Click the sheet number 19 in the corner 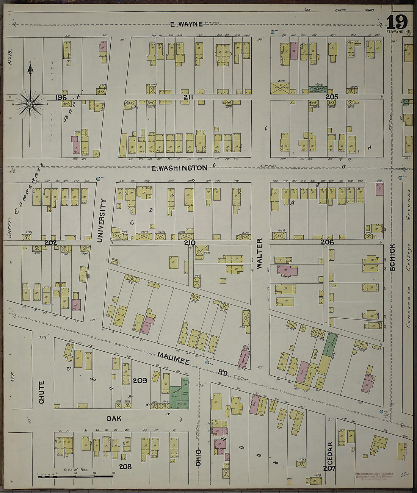pyautogui.click(x=397, y=22)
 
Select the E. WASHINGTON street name pyautogui.click(x=179, y=167)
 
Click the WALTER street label pyautogui.click(x=259, y=254)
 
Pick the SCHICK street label pyautogui.click(x=392, y=257)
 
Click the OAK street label pyautogui.click(x=113, y=419)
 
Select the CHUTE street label pyautogui.click(x=41, y=392)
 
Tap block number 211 pyautogui.click(x=188, y=97)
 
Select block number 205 pyautogui.click(x=332, y=97)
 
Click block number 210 pyautogui.click(x=190, y=243)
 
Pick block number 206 pyautogui.click(x=327, y=242)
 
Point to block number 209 pyautogui.click(x=140, y=380)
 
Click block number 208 pyautogui.click(x=125, y=466)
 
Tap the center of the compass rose pyautogui.click(x=30, y=103)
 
